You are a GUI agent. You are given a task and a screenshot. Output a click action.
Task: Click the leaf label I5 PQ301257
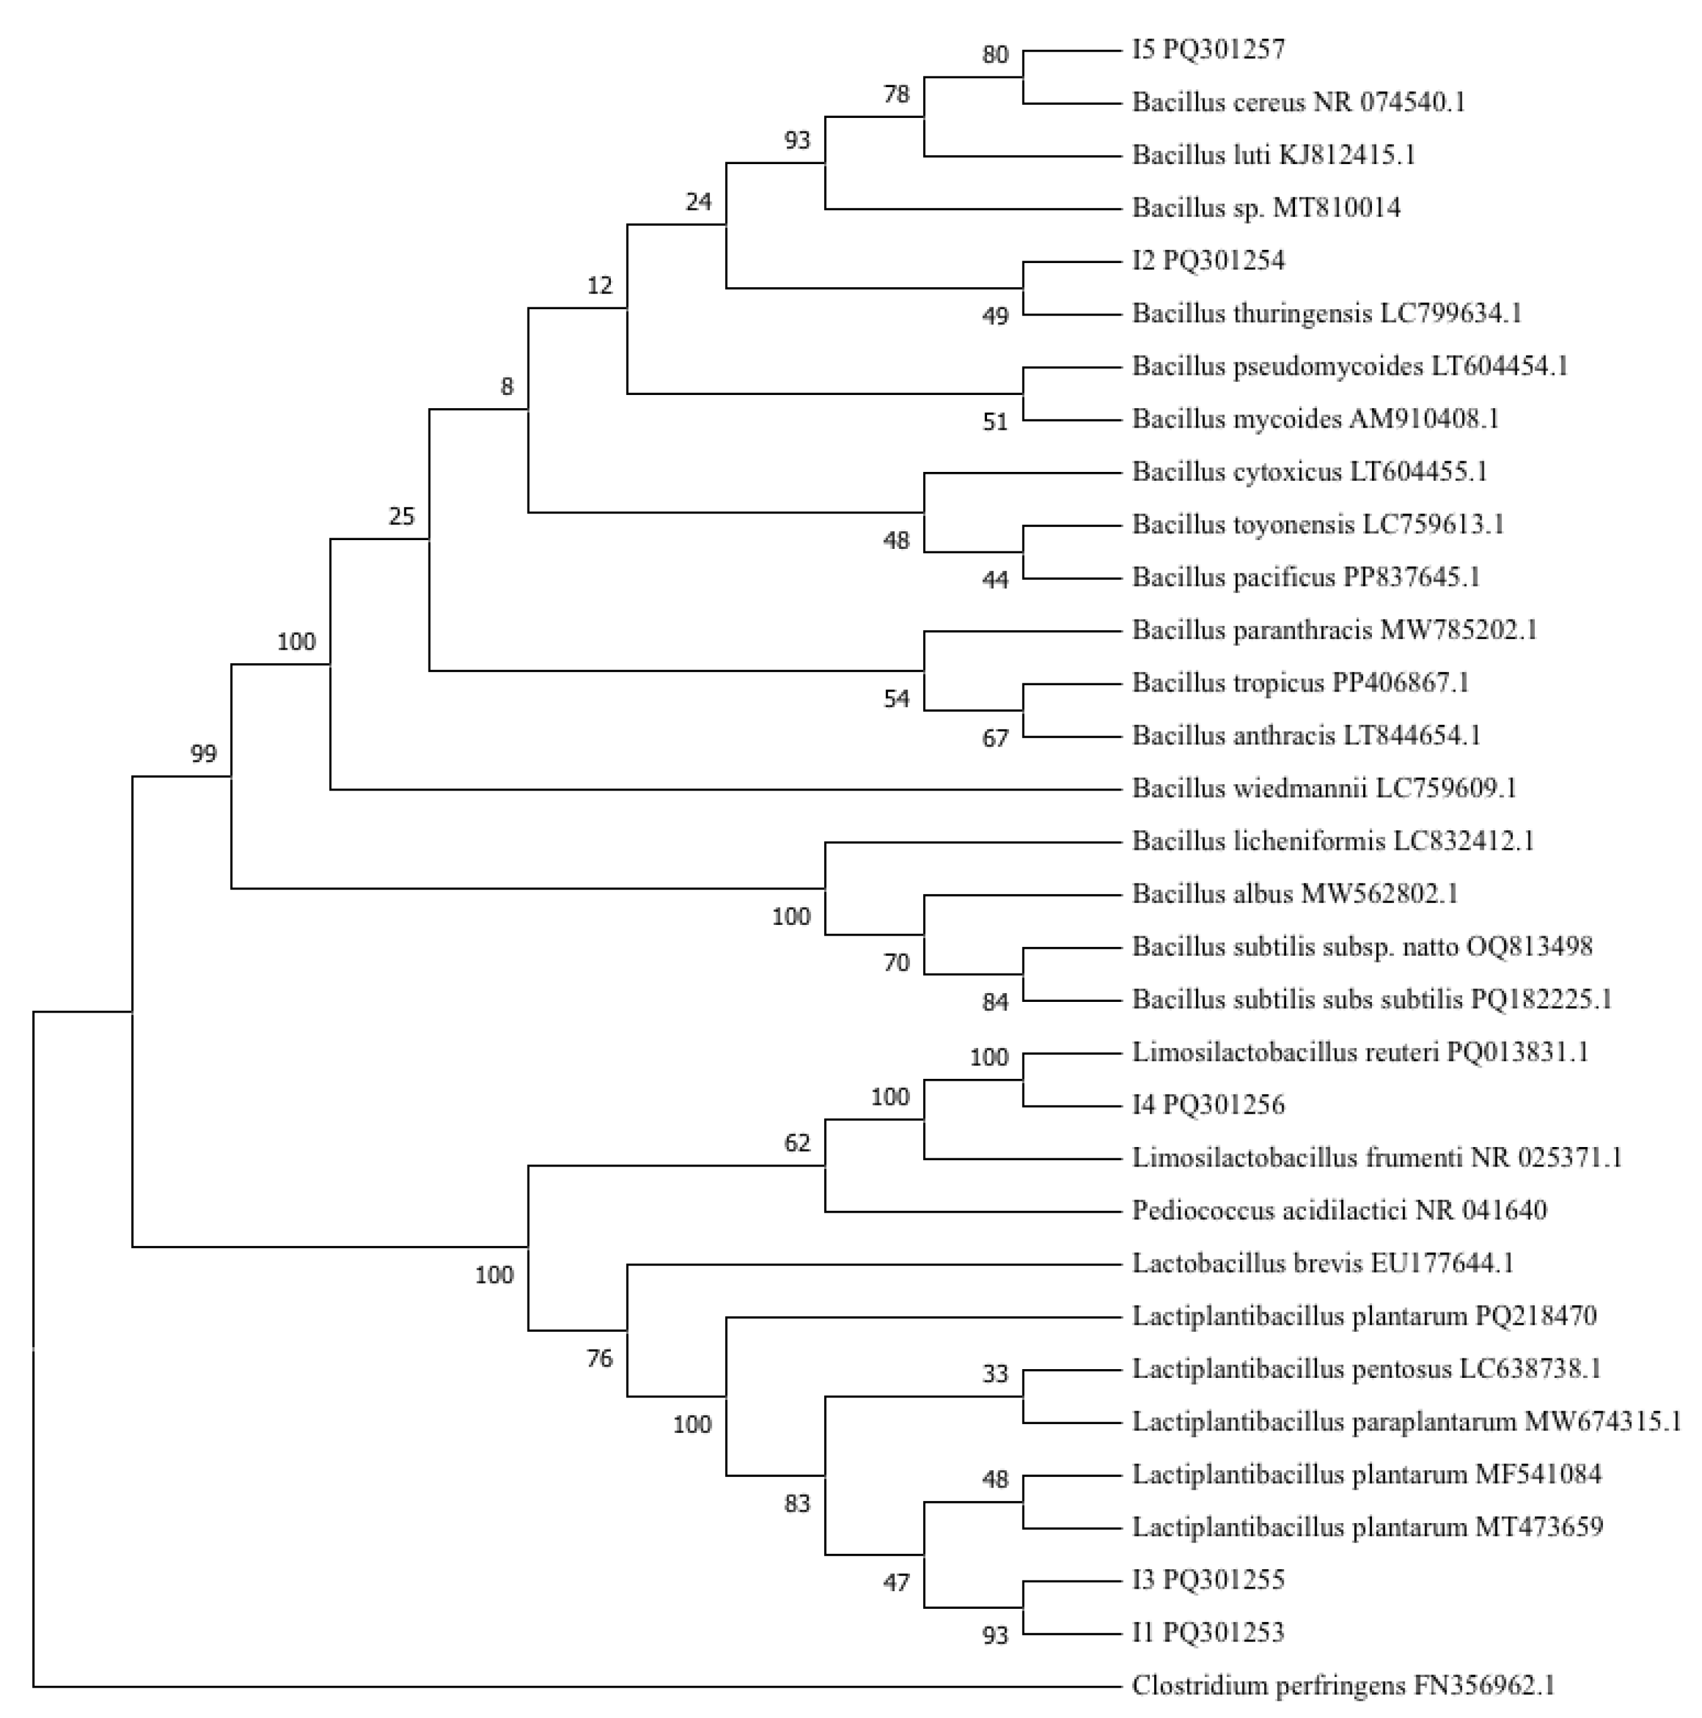point(1208,49)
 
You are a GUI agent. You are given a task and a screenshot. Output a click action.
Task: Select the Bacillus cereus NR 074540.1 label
point(1297,102)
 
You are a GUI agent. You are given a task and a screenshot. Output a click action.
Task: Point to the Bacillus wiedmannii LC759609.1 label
point(1323,788)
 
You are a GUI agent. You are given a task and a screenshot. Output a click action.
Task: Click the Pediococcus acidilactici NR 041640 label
point(1339,1210)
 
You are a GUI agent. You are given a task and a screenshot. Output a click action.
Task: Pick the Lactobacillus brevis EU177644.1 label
point(1322,1262)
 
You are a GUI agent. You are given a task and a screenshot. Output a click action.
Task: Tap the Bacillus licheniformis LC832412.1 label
point(1332,840)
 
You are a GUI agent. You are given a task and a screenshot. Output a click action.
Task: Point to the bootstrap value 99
point(204,754)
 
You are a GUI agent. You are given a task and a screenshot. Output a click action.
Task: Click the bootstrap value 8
point(507,386)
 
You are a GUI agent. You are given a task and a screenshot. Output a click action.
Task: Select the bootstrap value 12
point(600,285)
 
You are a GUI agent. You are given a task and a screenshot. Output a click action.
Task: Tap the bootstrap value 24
point(699,202)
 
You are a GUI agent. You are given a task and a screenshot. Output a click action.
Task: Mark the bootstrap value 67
point(995,738)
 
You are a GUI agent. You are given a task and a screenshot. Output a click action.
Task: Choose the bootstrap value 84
point(995,1002)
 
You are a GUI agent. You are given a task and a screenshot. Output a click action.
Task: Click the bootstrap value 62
point(798,1143)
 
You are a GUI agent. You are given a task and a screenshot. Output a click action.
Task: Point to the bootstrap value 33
point(995,1374)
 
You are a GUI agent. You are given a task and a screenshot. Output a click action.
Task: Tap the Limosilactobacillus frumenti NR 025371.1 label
point(1376,1158)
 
